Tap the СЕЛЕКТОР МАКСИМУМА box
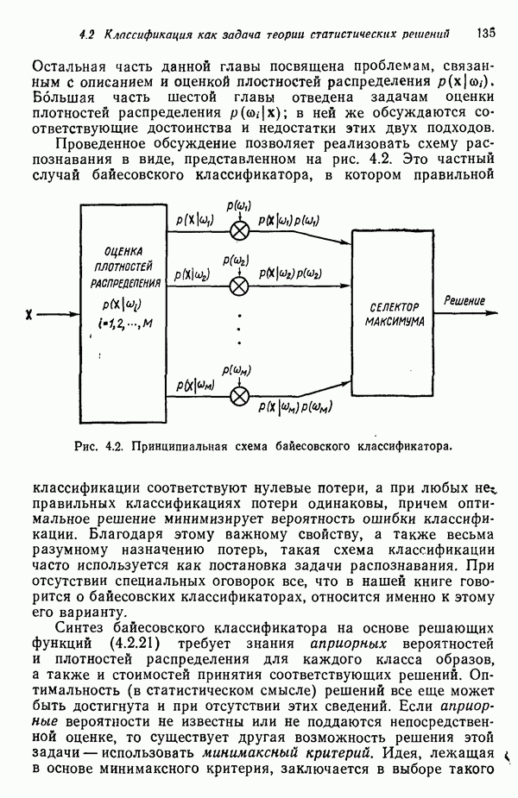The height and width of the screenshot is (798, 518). point(393,314)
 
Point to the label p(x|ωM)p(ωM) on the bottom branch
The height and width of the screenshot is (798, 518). point(295,406)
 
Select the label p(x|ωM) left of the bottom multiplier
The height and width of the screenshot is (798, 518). point(197,385)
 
